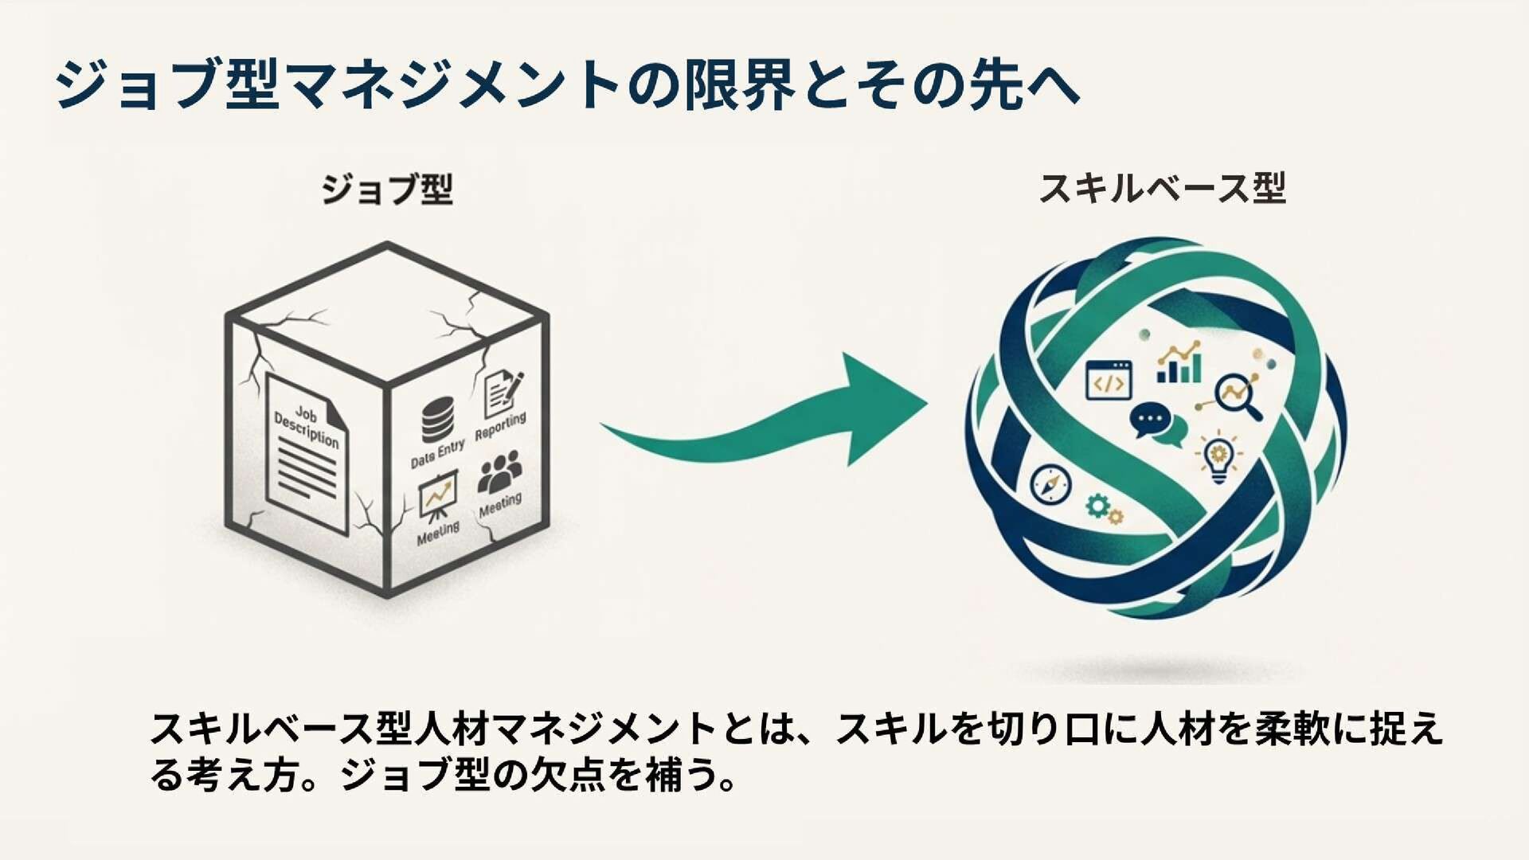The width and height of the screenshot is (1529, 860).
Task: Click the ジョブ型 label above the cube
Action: pos(387,190)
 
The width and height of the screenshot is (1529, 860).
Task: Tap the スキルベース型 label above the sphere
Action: pos(1162,189)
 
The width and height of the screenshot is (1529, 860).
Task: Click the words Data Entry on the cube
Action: pos(437,454)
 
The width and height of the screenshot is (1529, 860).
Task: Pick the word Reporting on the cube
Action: pos(500,426)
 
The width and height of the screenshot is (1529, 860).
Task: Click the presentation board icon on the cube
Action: pos(437,496)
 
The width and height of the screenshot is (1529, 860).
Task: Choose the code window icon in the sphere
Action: pos(1109,380)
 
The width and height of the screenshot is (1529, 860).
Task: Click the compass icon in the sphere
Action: pos(1050,484)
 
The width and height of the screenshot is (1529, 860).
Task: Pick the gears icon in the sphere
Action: pos(1104,509)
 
